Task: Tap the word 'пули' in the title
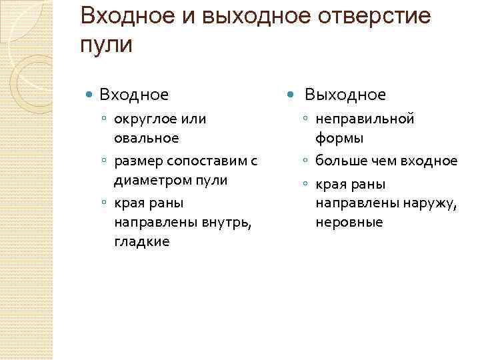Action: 106,45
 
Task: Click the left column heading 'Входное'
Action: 134,95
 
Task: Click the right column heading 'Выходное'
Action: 345,95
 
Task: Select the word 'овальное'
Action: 147,138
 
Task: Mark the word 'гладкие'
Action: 142,241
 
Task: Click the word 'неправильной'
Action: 365,119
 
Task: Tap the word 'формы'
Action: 339,138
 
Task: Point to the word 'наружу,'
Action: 427,202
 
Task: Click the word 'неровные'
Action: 349,221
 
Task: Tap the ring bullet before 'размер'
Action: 105,161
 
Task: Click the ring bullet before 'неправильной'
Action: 305,119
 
